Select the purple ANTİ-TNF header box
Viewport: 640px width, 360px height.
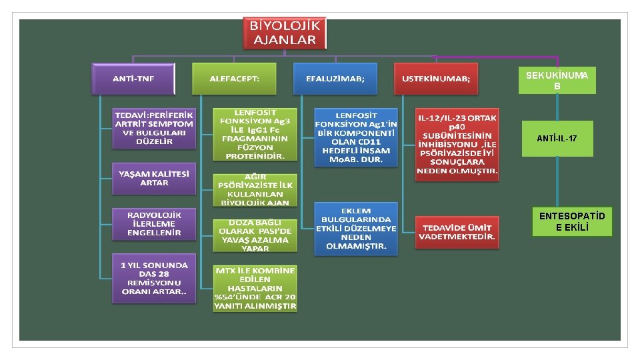tap(133, 79)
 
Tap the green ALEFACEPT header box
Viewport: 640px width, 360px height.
tap(234, 79)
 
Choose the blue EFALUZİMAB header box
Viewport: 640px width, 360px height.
tap(335, 79)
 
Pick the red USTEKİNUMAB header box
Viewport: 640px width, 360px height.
tap(436, 79)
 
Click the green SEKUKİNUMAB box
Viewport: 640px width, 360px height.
tap(557, 81)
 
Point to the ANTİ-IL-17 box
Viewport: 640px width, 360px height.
tap(557, 139)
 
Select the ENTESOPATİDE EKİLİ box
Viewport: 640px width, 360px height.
tap(563, 222)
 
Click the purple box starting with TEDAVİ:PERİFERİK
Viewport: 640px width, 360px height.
tap(154, 127)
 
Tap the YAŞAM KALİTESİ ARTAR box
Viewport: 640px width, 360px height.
tap(154, 178)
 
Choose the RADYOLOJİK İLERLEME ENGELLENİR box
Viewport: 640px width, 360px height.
tap(154, 224)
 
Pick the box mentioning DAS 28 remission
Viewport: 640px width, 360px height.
tap(154, 279)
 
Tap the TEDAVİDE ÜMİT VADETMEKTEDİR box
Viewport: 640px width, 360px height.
tap(457, 231)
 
